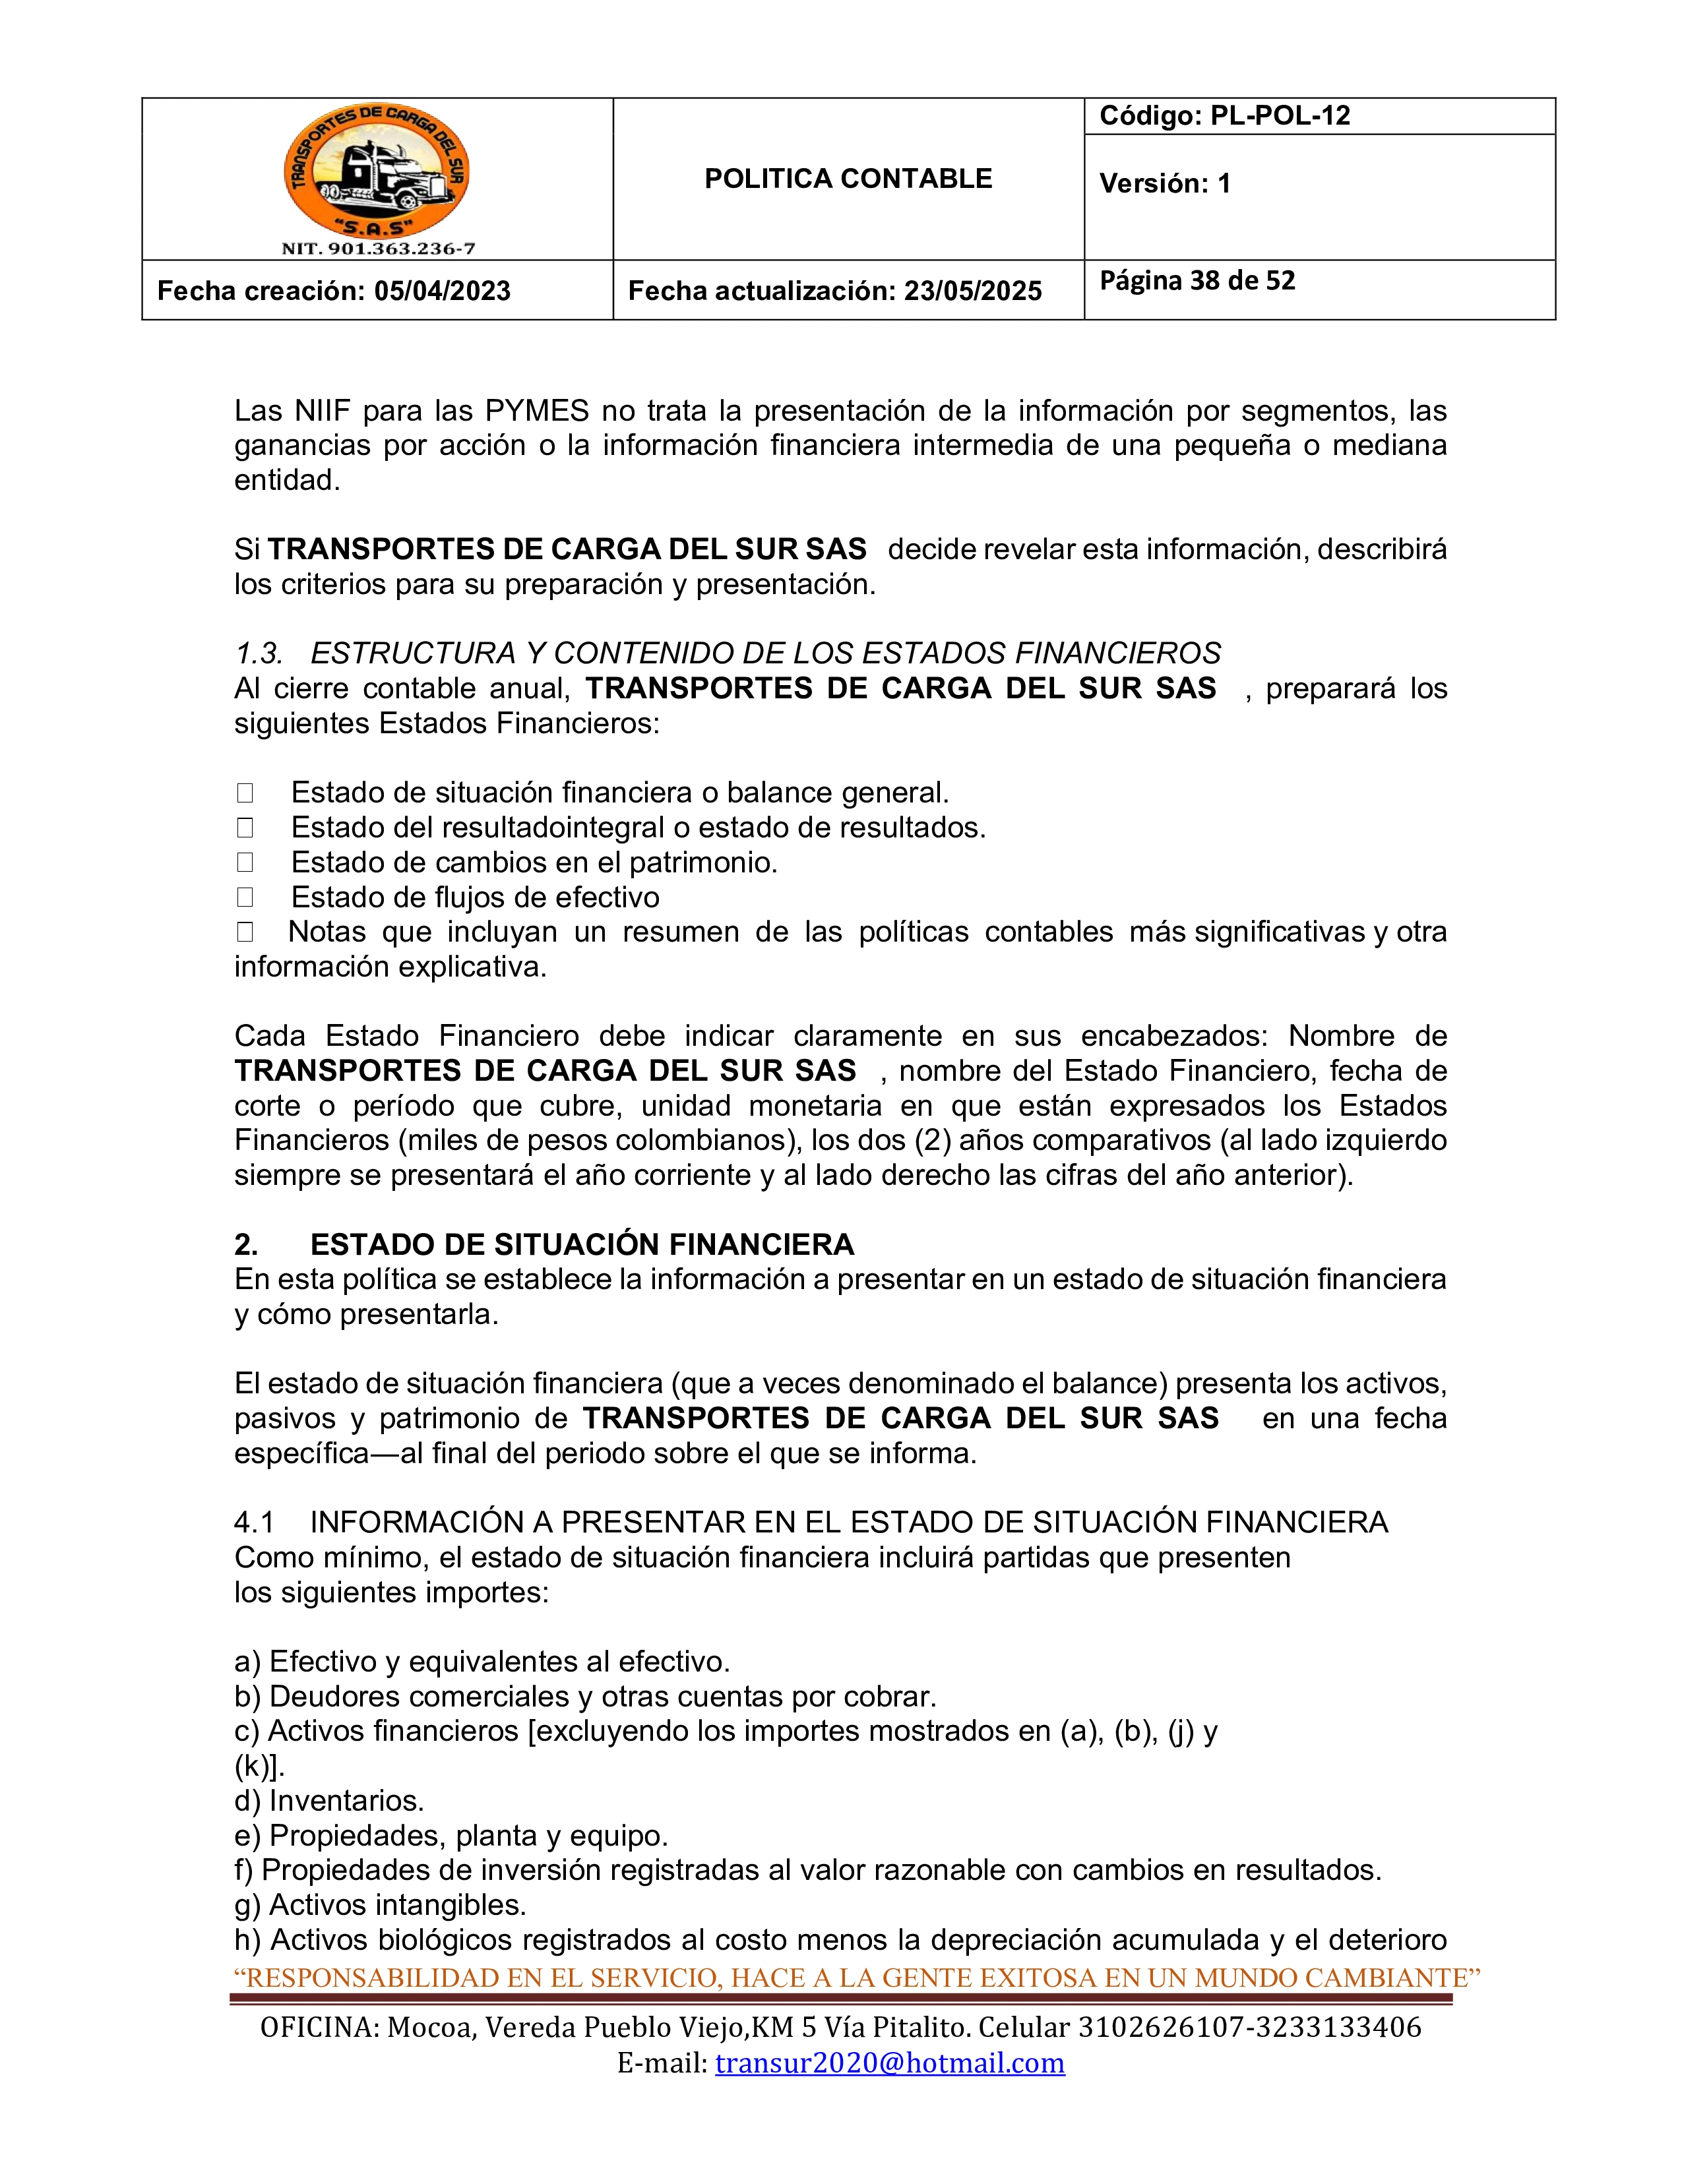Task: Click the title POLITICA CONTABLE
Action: tap(848, 179)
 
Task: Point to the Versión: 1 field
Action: tap(1165, 183)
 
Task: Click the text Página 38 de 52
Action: tap(1197, 281)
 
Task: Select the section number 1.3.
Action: tap(258, 653)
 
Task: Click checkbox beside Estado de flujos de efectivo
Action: tap(245, 897)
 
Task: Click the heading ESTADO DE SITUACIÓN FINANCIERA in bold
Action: tap(582, 1244)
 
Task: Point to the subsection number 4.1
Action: tap(254, 1523)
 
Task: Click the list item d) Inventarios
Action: tap(329, 1800)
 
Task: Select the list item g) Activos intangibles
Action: tap(380, 1905)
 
